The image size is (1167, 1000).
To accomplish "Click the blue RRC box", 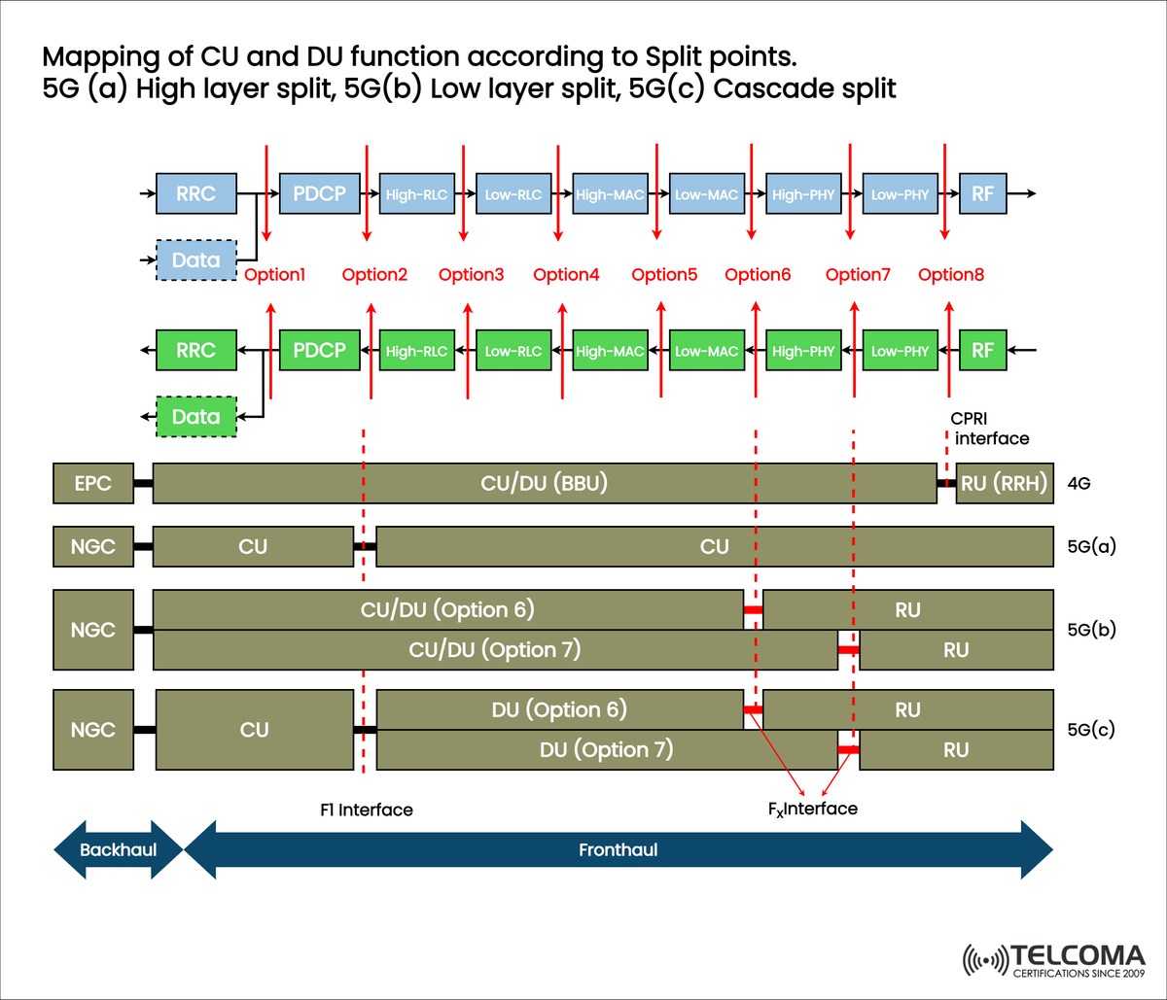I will (196, 192).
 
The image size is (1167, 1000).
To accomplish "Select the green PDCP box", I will (320, 350).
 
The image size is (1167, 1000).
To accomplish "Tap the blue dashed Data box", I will (196, 260).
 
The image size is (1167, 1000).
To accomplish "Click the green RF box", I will (982, 350).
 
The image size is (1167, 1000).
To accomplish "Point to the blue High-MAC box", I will (610, 193).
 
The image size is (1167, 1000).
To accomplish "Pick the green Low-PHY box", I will (900, 351).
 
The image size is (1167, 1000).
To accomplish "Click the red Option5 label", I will (664, 275).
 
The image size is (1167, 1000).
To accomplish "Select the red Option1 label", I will (275, 275).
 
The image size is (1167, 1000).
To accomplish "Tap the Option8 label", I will (951, 275).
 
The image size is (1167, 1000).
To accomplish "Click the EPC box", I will (92, 483).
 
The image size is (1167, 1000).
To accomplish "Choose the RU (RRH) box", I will (1006, 483).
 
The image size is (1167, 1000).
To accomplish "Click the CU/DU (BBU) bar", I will (545, 483).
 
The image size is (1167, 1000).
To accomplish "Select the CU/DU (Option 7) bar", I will (495, 649).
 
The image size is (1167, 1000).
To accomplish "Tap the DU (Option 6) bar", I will (559, 709).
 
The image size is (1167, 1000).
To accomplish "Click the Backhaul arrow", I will (118, 849).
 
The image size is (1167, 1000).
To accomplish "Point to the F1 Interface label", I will (366, 810).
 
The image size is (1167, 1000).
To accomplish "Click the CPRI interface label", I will (990, 429).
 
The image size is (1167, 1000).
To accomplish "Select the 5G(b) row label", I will (1090, 629).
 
